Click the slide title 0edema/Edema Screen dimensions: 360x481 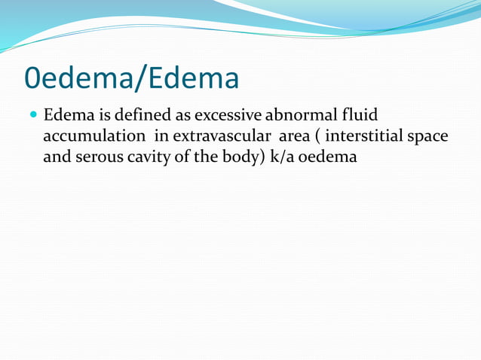click(132, 77)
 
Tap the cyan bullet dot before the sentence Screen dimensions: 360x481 click(32, 117)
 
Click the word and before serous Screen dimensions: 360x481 click(57, 158)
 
